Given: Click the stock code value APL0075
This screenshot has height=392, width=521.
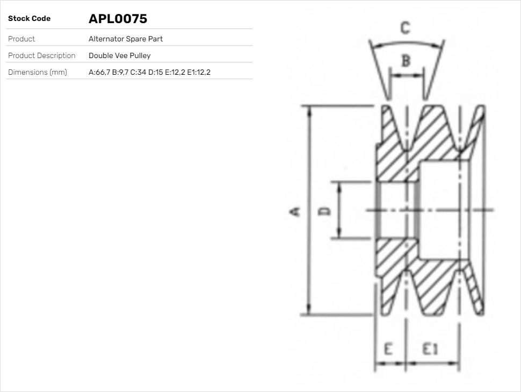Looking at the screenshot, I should (x=118, y=19).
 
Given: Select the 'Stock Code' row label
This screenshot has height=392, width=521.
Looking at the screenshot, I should (x=29, y=19).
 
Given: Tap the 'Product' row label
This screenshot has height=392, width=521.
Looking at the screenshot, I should (x=21, y=39).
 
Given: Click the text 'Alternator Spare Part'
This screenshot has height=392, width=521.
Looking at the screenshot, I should (x=126, y=39).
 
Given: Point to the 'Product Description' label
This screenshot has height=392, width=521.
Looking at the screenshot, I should (x=41, y=56).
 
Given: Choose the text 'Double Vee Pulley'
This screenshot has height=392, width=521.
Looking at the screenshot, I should (x=119, y=56).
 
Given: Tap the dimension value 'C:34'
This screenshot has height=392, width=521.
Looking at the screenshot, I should (x=138, y=73).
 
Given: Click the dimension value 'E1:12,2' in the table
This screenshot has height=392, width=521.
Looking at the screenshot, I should (x=199, y=73).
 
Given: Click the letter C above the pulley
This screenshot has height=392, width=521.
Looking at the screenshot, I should (x=406, y=27).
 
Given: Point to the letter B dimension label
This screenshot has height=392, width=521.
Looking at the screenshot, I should (x=406, y=61).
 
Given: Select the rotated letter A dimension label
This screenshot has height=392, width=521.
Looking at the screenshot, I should (x=295, y=211).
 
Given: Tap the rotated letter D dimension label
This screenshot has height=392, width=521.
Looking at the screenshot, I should (x=324, y=210).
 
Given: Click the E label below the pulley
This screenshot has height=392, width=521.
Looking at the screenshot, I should (x=388, y=349).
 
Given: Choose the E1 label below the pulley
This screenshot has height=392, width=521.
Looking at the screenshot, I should (x=430, y=349).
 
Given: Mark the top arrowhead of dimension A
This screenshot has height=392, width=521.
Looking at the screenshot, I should (x=309, y=109).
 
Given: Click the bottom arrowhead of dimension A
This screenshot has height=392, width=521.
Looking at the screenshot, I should (x=309, y=311).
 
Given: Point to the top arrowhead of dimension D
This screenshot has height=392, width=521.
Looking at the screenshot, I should (x=339, y=186).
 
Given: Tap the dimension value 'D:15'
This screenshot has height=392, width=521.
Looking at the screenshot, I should (x=156, y=73).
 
